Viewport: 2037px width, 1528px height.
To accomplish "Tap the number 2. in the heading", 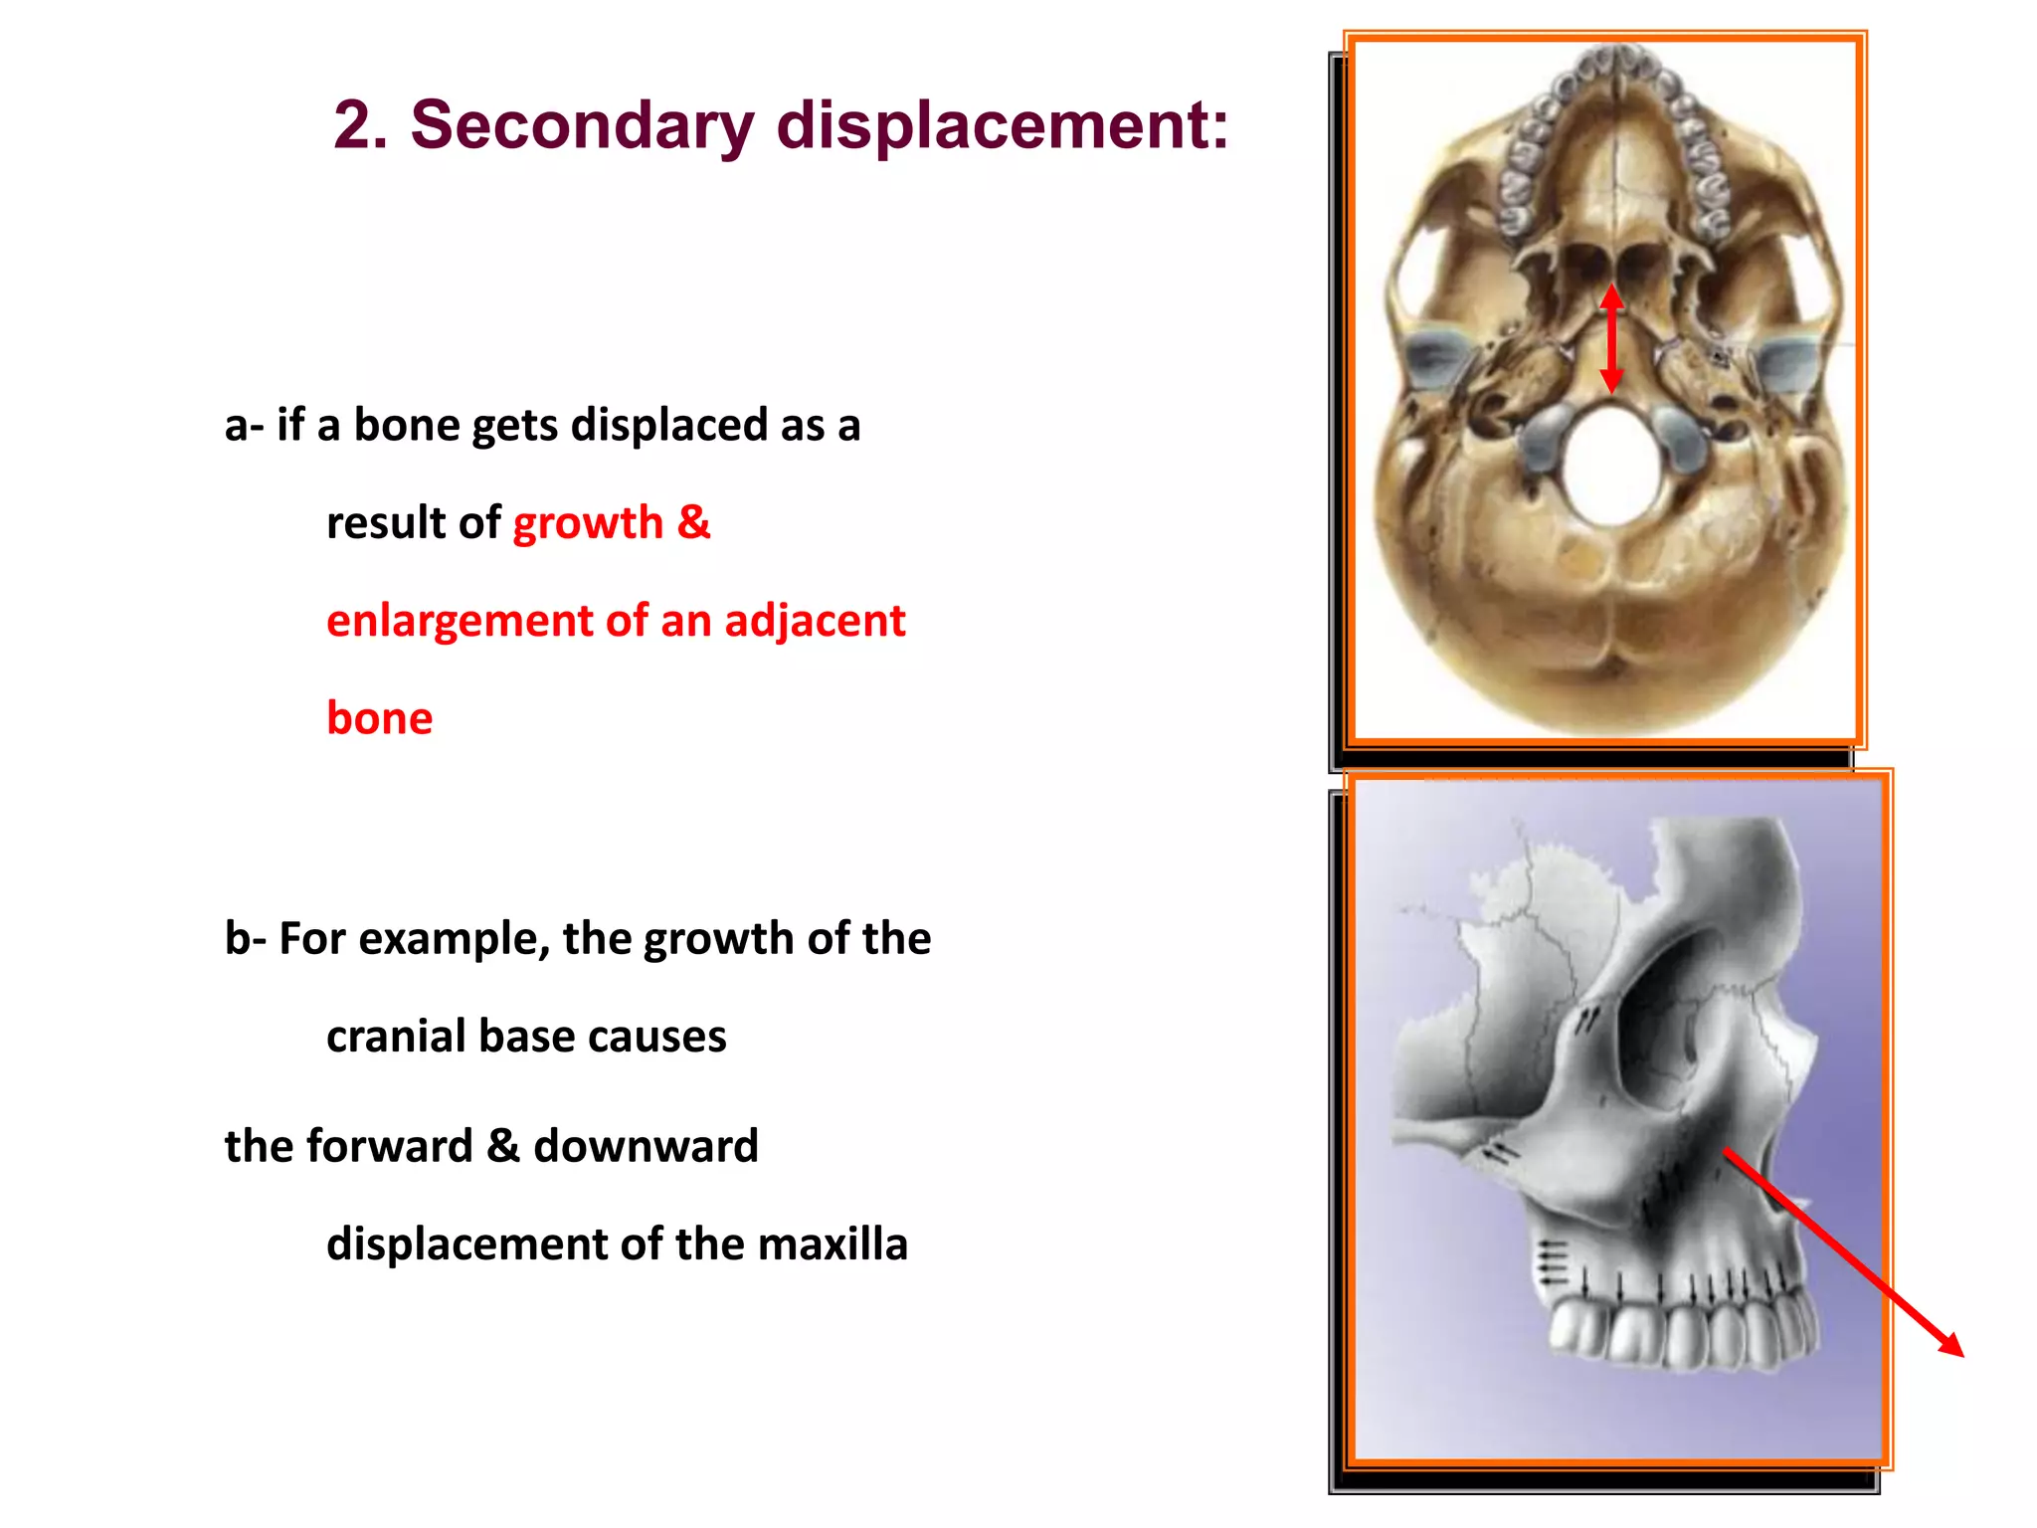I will tap(361, 125).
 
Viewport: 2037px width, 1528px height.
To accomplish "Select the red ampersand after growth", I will tap(694, 521).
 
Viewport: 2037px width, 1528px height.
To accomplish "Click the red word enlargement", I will tap(459, 621).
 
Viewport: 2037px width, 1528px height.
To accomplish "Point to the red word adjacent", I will tap(815, 621).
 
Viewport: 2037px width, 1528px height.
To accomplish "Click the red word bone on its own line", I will tap(379, 718).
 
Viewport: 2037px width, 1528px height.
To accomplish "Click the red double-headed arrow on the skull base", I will tap(1611, 338).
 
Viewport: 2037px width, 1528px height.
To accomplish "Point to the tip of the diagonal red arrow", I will tap(1961, 1354).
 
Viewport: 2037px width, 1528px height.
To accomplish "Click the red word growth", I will tap(588, 523).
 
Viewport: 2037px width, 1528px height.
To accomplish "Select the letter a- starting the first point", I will tap(244, 426).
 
